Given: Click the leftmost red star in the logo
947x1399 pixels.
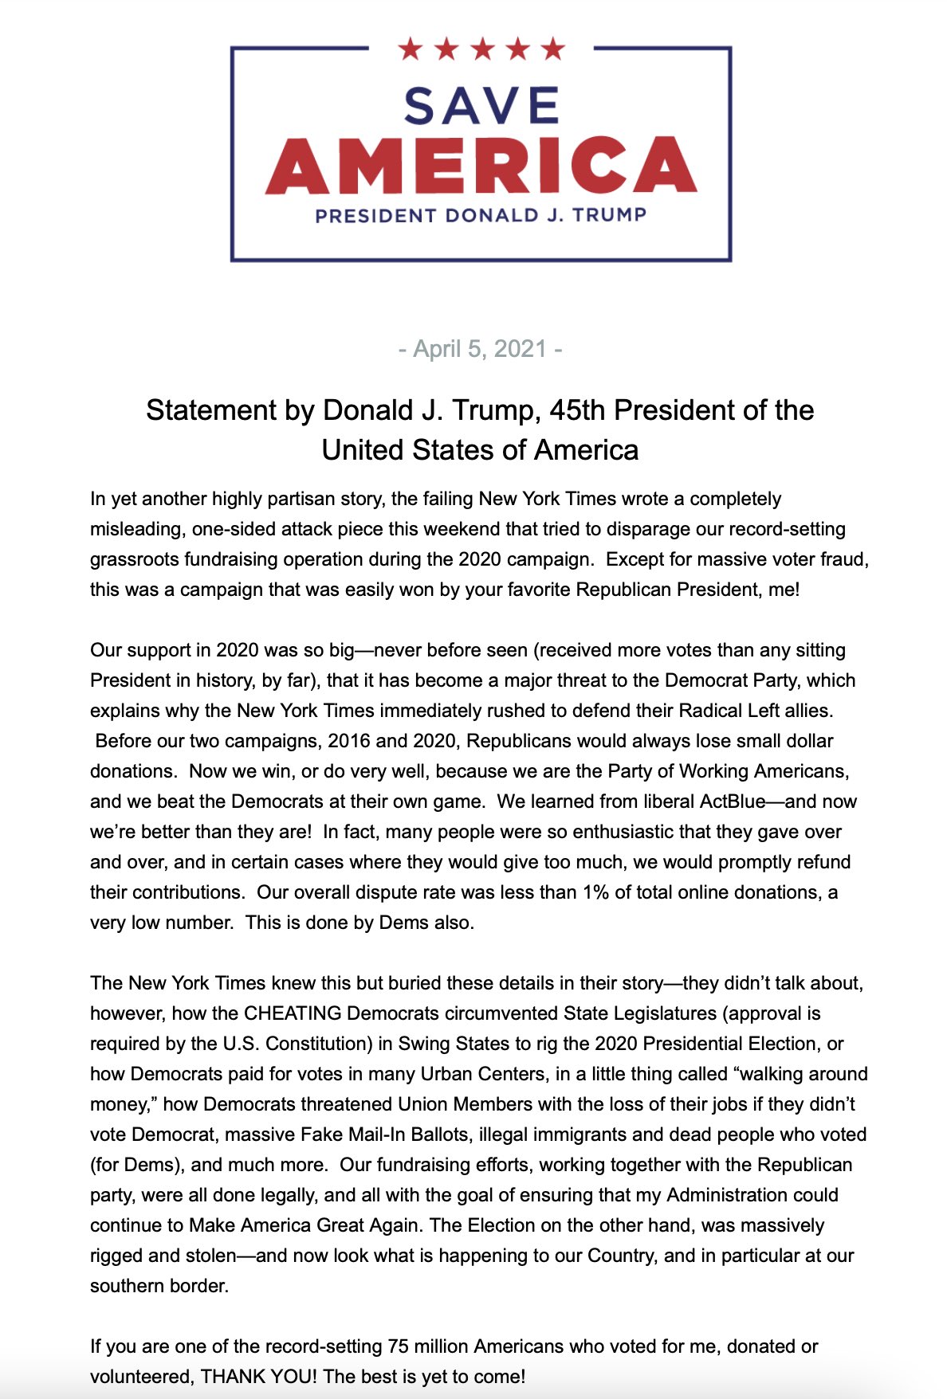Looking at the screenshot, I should tap(410, 49).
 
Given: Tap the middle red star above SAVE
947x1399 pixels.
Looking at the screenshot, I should tap(481, 49).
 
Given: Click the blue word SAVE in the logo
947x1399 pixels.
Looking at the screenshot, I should tap(481, 106).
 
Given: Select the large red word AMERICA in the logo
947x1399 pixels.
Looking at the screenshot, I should tap(481, 165).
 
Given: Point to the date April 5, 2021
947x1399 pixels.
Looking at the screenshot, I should tap(480, 349).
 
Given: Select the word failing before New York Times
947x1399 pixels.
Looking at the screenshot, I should tap(445, 499).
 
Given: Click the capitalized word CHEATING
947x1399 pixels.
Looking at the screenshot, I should tap(293, 1013).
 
